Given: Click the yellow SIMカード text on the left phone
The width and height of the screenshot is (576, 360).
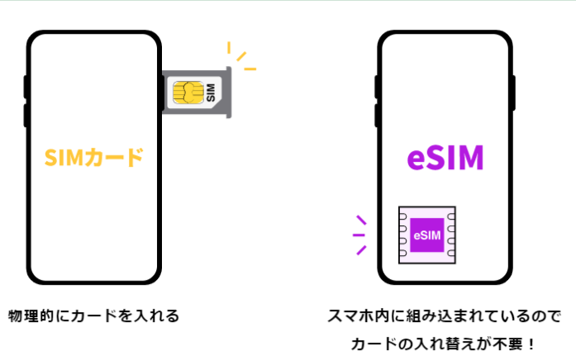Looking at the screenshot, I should coord(94,157).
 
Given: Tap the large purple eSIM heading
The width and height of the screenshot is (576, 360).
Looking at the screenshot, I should coord(446,158).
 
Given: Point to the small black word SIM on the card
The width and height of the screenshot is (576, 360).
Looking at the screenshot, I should coord(209,92).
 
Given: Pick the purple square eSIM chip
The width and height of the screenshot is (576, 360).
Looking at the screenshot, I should coord(427,234).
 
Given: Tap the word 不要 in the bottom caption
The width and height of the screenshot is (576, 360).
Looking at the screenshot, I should coord(507,342).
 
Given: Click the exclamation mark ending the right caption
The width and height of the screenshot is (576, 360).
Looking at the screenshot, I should coord(529,342).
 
